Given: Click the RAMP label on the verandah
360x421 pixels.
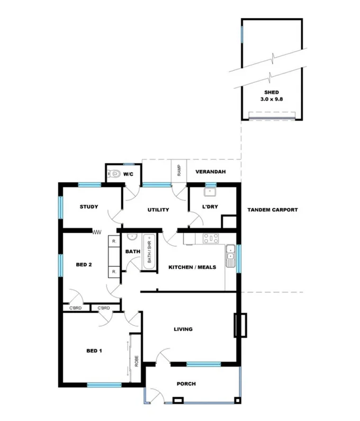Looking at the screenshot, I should pos(179,170).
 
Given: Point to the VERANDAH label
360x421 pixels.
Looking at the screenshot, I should pos(211,172).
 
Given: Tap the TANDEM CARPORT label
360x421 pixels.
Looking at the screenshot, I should pos(272,210).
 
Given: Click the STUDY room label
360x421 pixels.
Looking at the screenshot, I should pos(89,207).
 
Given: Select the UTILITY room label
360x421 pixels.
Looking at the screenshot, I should pos(158,210).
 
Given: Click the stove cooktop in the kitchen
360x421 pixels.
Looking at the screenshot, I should pos(211,239).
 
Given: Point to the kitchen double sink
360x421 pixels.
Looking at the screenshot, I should pos(230,255).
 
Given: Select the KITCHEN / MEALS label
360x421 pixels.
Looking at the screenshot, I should pos(192,268).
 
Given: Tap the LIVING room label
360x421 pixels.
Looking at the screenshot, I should pos(183,330).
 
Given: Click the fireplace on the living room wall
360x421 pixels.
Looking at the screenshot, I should pos(241,325).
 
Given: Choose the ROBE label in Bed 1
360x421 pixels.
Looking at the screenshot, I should pos(136,362).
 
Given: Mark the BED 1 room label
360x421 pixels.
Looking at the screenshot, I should pos(94,351).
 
